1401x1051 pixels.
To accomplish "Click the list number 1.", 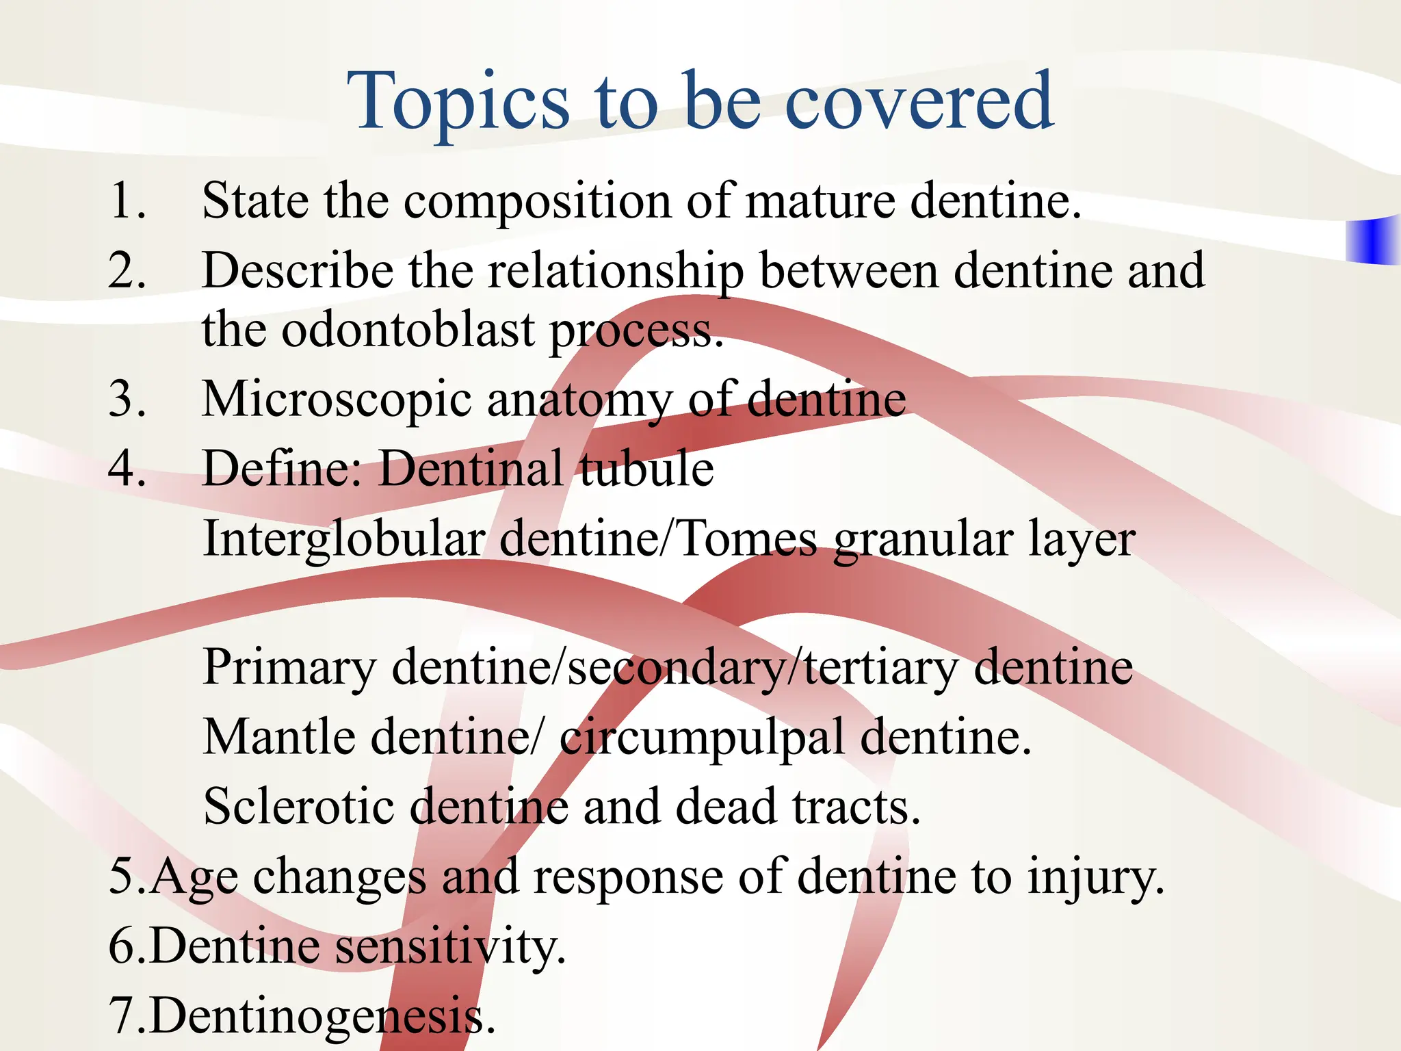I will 127,201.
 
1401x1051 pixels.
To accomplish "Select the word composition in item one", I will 538,203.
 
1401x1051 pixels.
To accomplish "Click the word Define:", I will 283,469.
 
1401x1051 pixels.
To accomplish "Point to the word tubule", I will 646,469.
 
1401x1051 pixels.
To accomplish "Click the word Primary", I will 289,669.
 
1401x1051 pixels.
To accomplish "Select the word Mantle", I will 279,737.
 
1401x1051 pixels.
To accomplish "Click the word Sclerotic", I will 298,807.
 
